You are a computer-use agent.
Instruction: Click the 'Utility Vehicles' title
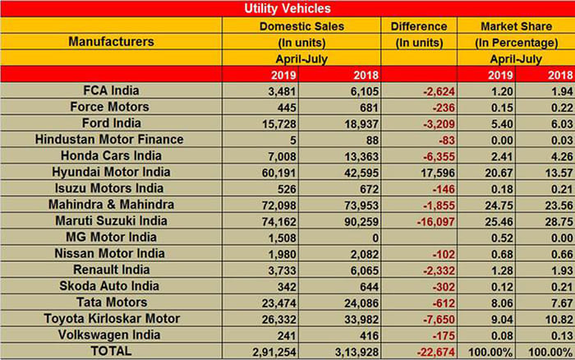click(x=287, y=9)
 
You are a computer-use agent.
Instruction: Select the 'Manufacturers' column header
click(x=111, y=41)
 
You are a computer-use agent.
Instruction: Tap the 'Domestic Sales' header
click(x=305, y=26)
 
